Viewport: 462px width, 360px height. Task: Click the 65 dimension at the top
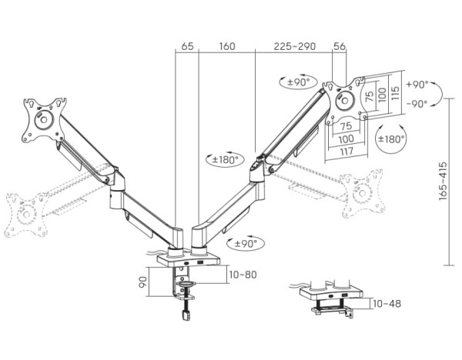click(187, 47)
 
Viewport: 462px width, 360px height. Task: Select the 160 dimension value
click(227, 47)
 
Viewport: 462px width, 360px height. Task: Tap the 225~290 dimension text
click(296, 47)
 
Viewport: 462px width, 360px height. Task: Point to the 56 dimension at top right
click(340, 47)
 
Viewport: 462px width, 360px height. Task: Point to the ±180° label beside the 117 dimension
click(391, 138)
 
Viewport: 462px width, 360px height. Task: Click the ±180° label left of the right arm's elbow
click(225, 160)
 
